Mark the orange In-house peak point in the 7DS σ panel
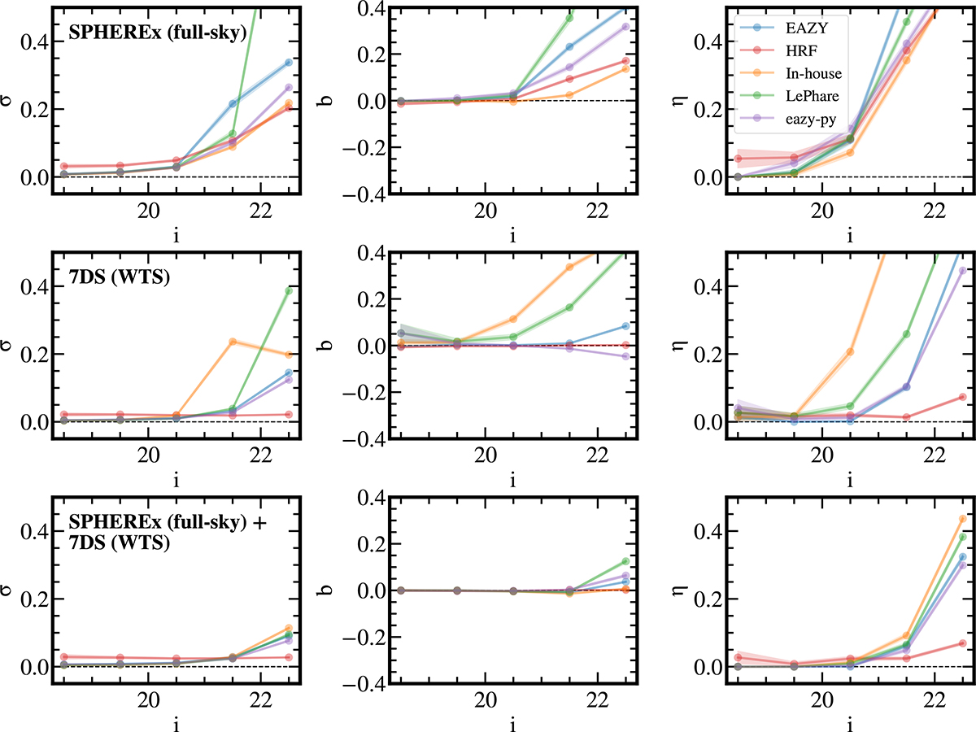tap(233, 342)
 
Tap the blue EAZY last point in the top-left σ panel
tap(289, 63)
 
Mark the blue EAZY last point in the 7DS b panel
tap(625, 326)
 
